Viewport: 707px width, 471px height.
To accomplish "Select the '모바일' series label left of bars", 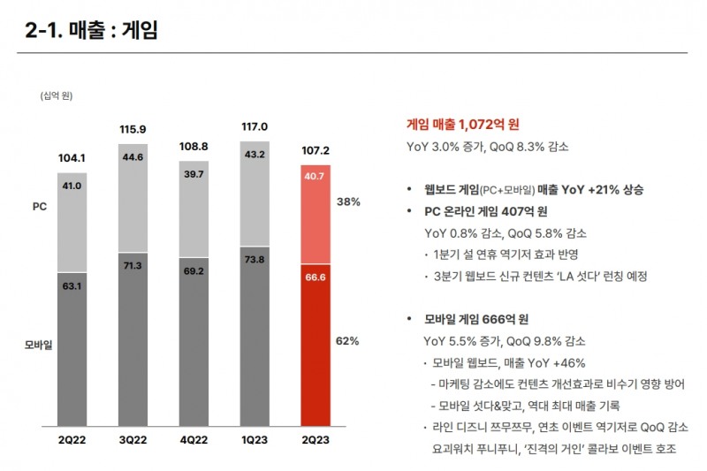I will (x=38, y=345).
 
